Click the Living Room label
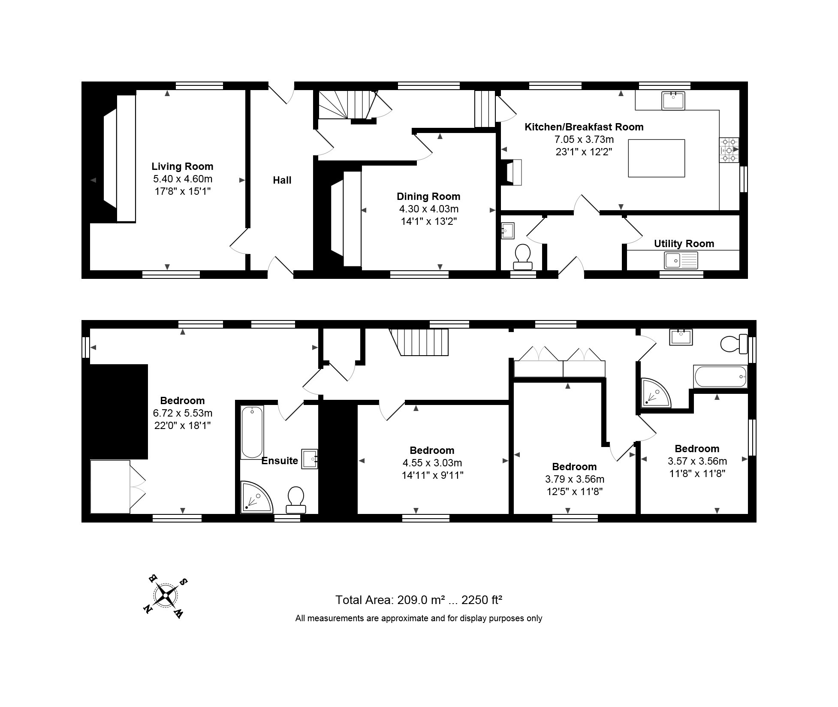click(182, 166)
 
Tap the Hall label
click(282, 180)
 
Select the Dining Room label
click(428, 196)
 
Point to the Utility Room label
click(684, 244)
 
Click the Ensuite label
click(280, 461)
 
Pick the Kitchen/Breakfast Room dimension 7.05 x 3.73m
click(584, 139)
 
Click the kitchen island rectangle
click(657, 158)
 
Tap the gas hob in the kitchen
click(729, 150)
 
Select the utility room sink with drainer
click(681, 260)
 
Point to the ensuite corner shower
click(256, 497)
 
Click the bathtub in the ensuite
click(252, 432)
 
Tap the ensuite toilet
click(295, 500)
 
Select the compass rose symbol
click(165, 596)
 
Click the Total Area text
click(419, 600)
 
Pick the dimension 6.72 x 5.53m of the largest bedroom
click(183, 413)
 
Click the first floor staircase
click(419, 342)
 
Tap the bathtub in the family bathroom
click(720, 376)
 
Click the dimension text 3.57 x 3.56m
click(697, 461)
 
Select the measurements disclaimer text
click(419, 619)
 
